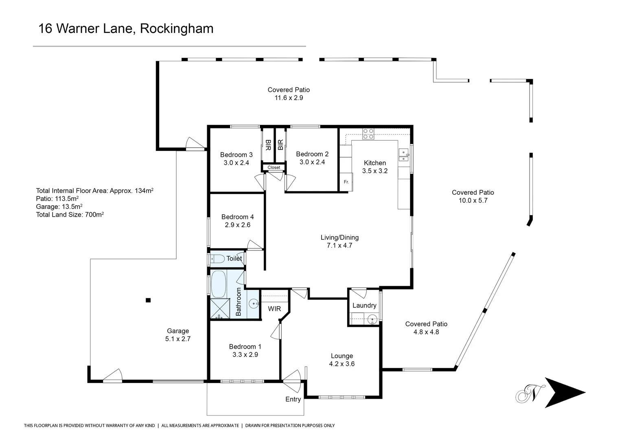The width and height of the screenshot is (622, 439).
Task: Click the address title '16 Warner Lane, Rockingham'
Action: (x=126, y=28)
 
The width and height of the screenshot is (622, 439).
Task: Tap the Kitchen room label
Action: (x=375, y=163)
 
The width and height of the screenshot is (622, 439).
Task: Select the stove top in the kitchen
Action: (x=368, y=134)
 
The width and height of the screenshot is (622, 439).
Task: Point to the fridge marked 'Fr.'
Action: (x=346, y=182)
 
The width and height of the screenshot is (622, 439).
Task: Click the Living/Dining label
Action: (x=339, y=237)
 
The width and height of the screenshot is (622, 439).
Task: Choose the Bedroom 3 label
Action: (x=236, y=154)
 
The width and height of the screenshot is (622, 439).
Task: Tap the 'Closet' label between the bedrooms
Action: (x=274, y=167)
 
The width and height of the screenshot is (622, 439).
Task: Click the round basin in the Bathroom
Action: (x=254, y=303)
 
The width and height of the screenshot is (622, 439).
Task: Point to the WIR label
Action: (x=274, y=309)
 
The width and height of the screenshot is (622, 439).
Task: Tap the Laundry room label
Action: (x=364, y=305)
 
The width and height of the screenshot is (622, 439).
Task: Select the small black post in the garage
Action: (x=148, y=300)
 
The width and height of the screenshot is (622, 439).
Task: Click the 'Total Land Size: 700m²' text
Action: (x=70, y=215)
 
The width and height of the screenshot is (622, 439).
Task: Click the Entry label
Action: (x=293, y=399)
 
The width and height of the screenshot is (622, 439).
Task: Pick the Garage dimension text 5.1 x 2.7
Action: (x=178, y=339)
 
